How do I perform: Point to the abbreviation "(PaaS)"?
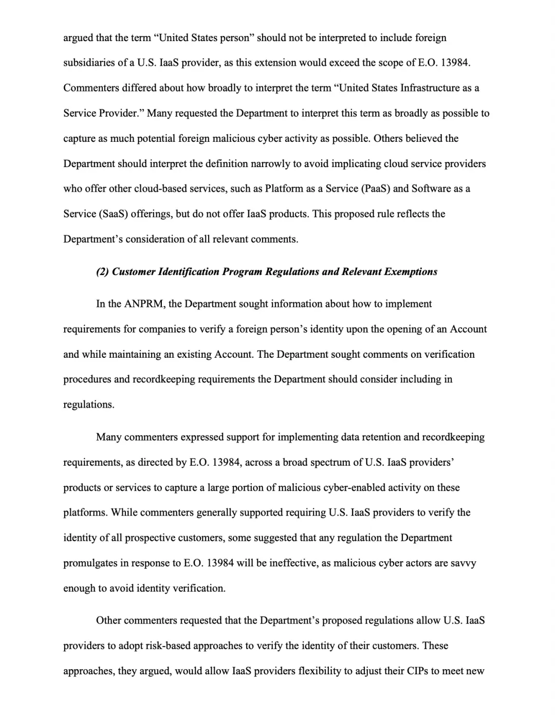(x=376, y=189)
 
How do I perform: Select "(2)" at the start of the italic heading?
(x=102, y=272)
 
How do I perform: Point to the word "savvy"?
(x=464, y=563)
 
